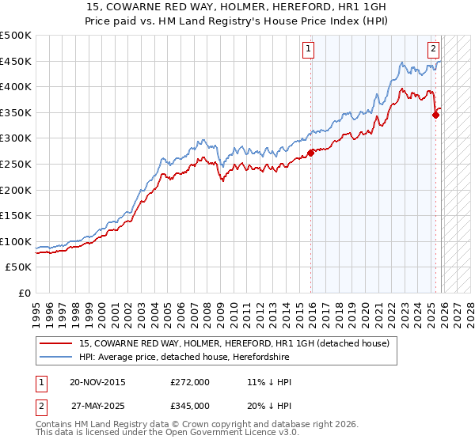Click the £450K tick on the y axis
click(16, 61)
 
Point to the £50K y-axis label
click(19, 267)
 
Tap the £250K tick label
click(16, 164)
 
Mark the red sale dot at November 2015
click(310, 153)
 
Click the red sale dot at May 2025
click(435, 115)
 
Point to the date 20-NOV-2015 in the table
click(97, 383)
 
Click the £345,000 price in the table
click(190, 406)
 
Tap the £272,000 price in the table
click(190, 383)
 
